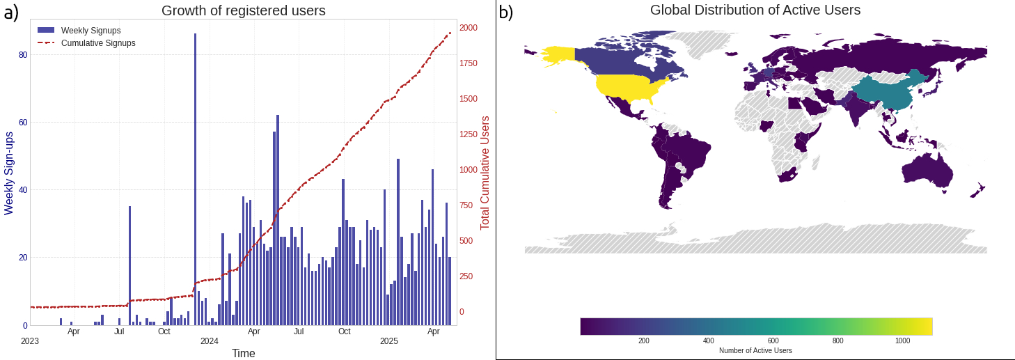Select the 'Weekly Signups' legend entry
[91, 31]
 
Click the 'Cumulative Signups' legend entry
[98, 43]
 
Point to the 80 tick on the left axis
[23, 54]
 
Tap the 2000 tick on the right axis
[469, 28]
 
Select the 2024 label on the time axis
[210, 341]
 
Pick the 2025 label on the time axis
[388, 341]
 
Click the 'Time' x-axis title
[244, 354]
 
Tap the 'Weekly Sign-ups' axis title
[9, 173]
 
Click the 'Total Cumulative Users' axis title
[485, 173]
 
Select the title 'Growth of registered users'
[244, 10]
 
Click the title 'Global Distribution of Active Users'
[755, 10]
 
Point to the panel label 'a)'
[12, 12]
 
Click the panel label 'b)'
[506, 12]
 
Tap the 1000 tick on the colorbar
[902, 341]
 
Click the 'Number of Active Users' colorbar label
[755, 350]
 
